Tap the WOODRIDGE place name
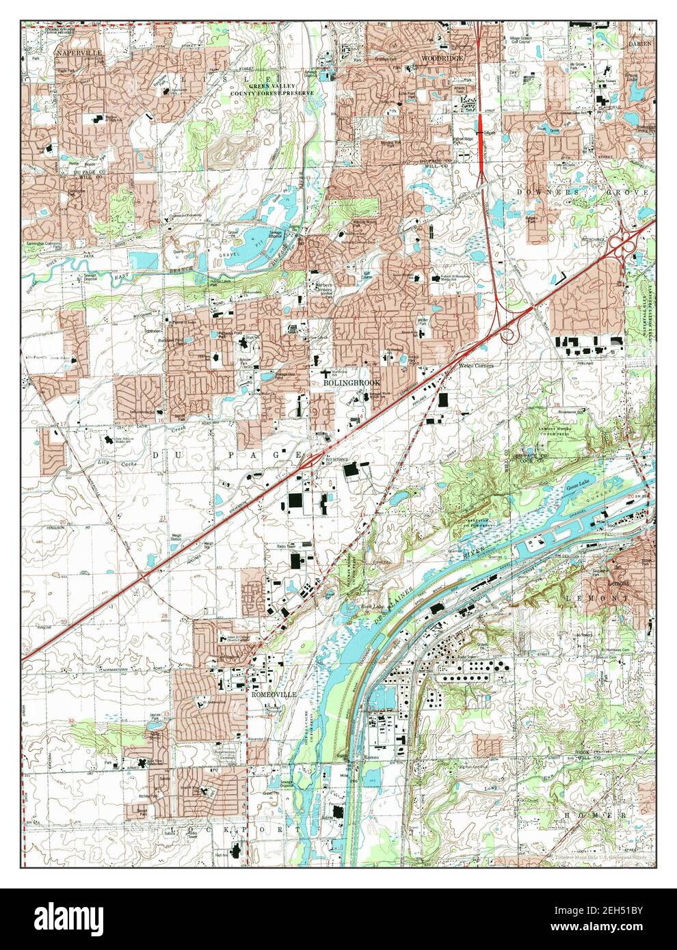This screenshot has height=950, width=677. click(441, 58)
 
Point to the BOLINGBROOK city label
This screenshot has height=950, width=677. click(351, 383)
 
